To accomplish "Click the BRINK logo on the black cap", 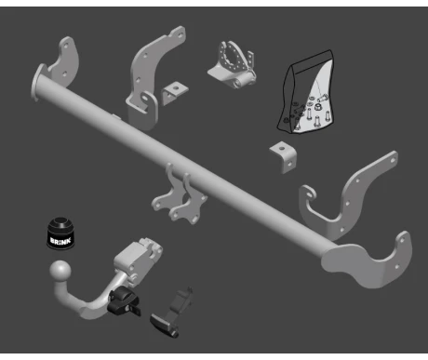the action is pos(60,241).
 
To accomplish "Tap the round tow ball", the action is pos(60,272).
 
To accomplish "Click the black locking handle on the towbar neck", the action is pos(123,300).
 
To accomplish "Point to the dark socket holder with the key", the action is pos(170,313).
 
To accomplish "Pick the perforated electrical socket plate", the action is pos(233,64).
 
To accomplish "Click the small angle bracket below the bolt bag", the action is pos(283,157).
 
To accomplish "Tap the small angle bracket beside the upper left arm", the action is pos(175,93).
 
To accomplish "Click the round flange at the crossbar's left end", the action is pos(38,82).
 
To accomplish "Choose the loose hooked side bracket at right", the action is pos(347,198).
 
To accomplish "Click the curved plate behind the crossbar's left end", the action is pos(64,62).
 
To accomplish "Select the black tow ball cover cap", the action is pos(60,233).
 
